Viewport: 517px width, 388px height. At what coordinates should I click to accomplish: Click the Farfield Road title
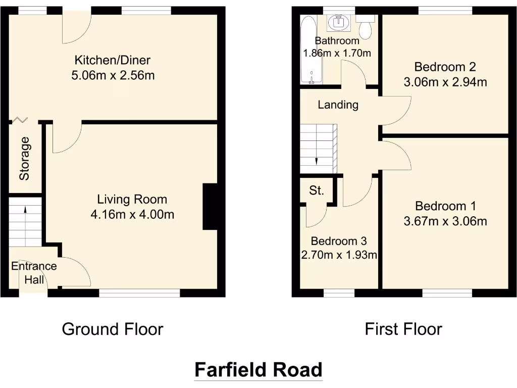[258, 370]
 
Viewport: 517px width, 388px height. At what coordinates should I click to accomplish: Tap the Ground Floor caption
[112, 329]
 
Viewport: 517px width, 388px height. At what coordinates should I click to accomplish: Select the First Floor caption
[403, 329]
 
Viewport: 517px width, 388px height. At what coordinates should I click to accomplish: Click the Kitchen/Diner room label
[113, 61]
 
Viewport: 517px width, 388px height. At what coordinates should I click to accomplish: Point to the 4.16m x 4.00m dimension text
[132, 215]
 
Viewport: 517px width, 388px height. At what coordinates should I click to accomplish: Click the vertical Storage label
[25, 159]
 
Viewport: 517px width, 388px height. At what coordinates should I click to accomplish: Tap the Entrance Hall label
[34, 273]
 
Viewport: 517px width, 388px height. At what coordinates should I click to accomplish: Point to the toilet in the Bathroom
[366, 28]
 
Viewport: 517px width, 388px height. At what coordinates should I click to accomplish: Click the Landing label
[338, 105]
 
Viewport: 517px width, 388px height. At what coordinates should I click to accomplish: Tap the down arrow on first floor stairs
[317, 160]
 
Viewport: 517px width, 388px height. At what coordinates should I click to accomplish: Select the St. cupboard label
[317, 191]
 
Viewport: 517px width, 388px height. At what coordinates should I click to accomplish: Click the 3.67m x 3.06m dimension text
[445, 221]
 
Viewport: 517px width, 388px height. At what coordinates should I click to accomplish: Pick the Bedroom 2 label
[445, 67]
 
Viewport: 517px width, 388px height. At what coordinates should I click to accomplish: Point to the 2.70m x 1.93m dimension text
[339, 255]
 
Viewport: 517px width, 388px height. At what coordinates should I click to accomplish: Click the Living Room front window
[139, 292]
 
